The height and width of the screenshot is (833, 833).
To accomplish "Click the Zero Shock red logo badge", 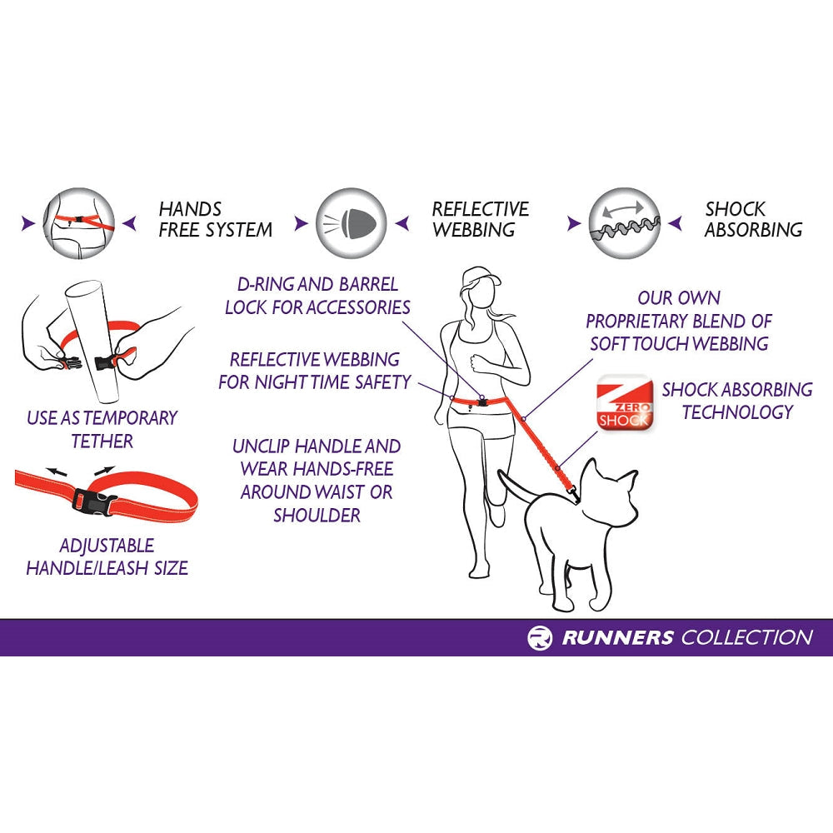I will click(x=624, y=403).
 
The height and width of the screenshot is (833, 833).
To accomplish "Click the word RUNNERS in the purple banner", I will click(x=617, y=638).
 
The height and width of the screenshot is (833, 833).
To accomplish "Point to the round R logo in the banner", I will click(x=540, y=638).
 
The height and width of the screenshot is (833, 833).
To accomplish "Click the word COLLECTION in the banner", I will click(x=746, y=638).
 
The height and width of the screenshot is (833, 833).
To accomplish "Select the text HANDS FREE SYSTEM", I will click(x=214, y=219).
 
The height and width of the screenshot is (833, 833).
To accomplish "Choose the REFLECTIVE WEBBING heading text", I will click(x=480, y=219).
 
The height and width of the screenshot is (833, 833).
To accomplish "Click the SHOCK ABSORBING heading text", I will click(x=752, y=219).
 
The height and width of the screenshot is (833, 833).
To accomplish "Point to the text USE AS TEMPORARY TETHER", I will click(x=102, y=429).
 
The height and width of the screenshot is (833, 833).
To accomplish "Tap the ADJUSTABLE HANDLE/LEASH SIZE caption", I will click(x=107, y=556).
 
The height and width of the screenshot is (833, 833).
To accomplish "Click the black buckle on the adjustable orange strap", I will click(x=87, y=500).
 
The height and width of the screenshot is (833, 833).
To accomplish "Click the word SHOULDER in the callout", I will click(x=317, y=516).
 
